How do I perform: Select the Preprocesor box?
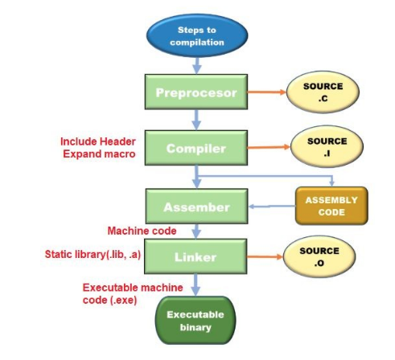click(196, 92)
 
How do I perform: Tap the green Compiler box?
click(196, 149)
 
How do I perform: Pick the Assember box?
click(196, 207)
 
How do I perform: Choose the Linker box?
click(196, 257)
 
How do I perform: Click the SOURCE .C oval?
click(323, 92)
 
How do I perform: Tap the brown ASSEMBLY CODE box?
click(331, 206)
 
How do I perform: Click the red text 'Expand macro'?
click(99, 153)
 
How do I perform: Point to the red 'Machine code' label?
click(142, 231)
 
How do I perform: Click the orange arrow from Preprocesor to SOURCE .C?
click(265, 92)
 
